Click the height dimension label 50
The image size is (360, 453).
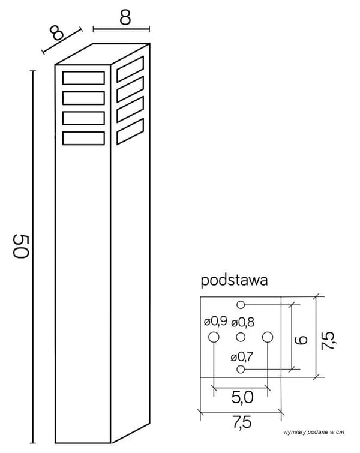point(21,246)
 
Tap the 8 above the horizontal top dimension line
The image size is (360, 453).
point(125,17)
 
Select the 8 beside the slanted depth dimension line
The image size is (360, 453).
point(56,32)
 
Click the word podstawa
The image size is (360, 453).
point(234,280)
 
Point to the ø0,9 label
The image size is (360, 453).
point(215,321)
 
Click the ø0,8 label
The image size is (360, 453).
point(243,322)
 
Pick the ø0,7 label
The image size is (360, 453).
point(242,358)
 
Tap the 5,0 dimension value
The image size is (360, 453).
point(242,397)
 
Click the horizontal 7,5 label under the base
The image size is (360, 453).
point(242,422)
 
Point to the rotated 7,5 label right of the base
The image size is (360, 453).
point(328,341)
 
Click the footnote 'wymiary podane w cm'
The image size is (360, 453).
point(314,432)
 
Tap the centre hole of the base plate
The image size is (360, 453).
point(241,337)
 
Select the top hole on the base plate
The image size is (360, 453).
point(241,305)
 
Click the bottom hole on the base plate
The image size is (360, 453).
point(241,369)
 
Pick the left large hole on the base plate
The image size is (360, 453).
point(214,337)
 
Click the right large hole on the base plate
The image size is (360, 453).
point(268,337)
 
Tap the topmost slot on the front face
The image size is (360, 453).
point(83,78)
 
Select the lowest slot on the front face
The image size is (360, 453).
point(83,138)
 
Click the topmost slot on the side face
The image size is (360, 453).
point(130,70)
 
